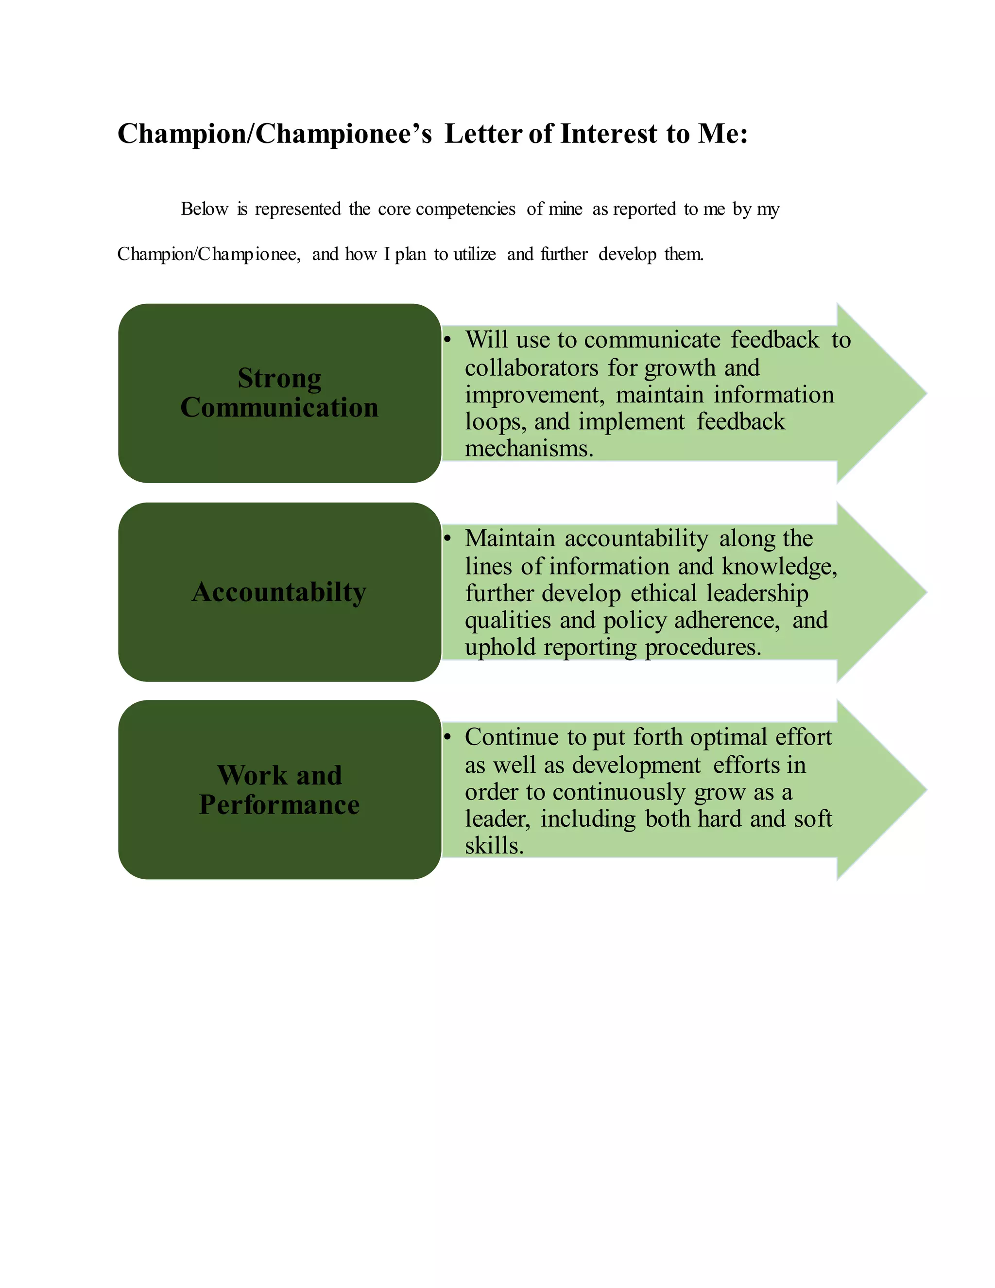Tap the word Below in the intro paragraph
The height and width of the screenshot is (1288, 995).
pyautogui.click(x=204, y=209)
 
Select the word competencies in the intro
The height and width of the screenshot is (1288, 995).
pyautogui.click(x=465, y=209)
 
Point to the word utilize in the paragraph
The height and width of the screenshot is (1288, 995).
pyautogui.click(x=475, y=254)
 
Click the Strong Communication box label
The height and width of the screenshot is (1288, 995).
pyautogui.click(x=279, y=393)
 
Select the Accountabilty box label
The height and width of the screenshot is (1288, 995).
pyautogui.click(x=279, y=592)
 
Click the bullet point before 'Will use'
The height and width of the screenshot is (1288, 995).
pyautogui.click(x=447, y=340)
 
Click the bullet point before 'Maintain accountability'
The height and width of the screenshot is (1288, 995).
pyautogui.click(x=447, y=539)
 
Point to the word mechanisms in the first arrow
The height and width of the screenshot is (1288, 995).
pyautogui.click(x=528, y=449)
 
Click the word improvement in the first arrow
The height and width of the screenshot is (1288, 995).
pyautogui.click(x=533, y=395)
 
